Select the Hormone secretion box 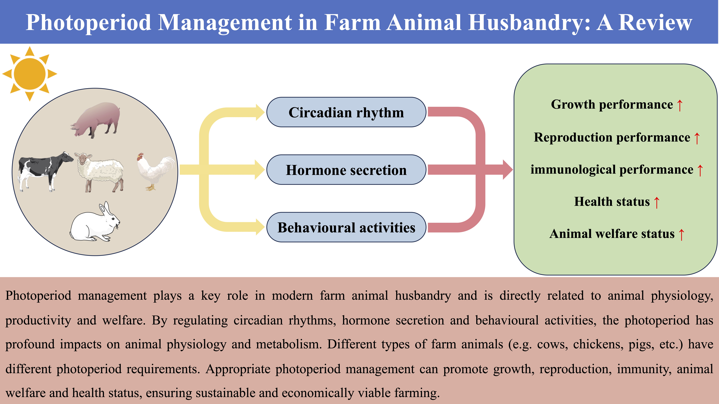(346, 170)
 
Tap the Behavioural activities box (346, 227)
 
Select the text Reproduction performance (612, 137)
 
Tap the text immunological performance (612, 170)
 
